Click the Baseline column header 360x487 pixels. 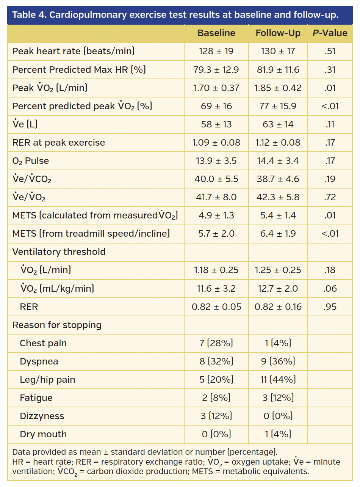point(216,33)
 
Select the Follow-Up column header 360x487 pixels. point(278,33)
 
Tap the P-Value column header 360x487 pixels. point(330,33)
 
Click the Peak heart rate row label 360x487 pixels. point(74,51)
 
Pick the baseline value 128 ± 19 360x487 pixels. point(216,51)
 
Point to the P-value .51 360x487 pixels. point(330,51)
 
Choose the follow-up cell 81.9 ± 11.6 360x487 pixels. point(278,70)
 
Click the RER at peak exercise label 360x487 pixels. point(59,143)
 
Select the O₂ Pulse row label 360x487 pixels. point(31,161)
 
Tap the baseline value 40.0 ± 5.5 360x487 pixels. point(216,179)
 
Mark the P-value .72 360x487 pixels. point(330,197)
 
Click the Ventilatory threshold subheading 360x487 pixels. point(59,252)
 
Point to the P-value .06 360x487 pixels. point(330,289)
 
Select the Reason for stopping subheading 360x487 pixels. point(57,325)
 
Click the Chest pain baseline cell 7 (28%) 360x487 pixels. point(216,343)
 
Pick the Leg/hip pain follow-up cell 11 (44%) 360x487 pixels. point(278,380)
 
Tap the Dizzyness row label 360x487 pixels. point(42,416)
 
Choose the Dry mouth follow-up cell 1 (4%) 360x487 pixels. point(278,434)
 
